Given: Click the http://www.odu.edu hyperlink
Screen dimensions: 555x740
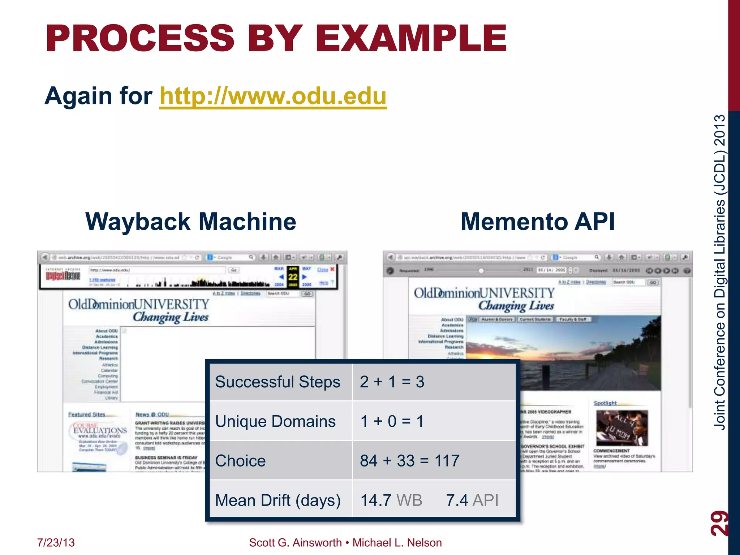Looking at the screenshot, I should point(273,96).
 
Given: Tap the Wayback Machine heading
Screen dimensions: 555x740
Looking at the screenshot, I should point(190,221).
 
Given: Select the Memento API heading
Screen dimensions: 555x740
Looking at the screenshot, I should point(538,221).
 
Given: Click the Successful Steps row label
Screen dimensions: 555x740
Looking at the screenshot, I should point(277,382).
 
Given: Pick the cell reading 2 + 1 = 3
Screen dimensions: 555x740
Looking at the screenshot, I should point(392,382).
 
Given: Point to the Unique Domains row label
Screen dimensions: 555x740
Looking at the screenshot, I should point(275,421).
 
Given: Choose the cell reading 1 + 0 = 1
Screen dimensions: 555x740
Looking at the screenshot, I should point(392,421).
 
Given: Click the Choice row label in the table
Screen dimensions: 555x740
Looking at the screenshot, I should point(240,461).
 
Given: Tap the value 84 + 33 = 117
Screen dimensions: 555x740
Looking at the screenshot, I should point(409,461).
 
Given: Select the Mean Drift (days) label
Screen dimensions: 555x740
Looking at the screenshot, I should point(278,500).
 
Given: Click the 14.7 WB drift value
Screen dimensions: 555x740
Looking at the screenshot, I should point(391,500).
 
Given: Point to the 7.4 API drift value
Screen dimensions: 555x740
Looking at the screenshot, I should point(472,500).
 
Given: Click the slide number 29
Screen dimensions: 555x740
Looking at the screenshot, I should point(719,523).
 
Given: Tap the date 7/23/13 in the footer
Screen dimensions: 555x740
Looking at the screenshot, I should point(56,543).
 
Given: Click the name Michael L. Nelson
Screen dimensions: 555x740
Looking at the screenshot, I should point(397,543).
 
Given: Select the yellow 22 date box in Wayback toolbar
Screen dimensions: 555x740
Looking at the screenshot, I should point(293,277).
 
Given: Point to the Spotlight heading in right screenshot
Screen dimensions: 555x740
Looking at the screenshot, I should point(605,403).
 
